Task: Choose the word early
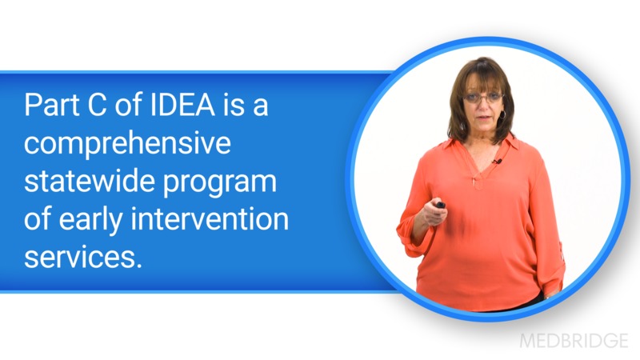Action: [98, 219]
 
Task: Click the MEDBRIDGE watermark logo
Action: [574, 340]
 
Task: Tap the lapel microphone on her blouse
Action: [497, 162]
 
